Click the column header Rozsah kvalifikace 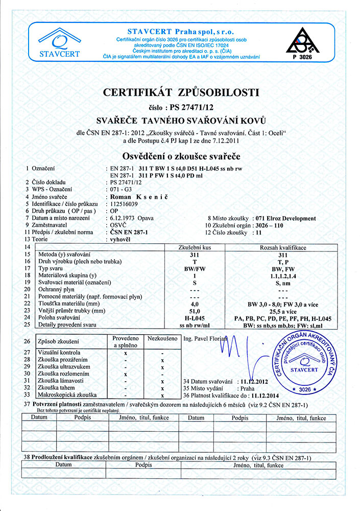282,247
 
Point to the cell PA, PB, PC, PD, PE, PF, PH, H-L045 282,318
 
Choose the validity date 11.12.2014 272,395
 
